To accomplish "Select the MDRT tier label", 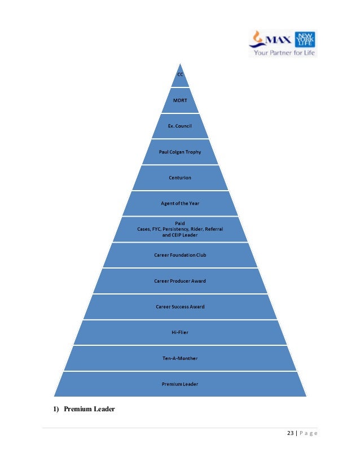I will point(180,100).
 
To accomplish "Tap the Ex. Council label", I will point(180,126).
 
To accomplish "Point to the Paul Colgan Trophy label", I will point(180,152).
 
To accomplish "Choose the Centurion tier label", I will point(180,178).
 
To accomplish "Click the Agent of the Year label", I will point(180,203).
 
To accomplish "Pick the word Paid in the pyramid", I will point(180,223).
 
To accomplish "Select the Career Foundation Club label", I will point(180,255).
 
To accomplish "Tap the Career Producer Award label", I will point(180,281).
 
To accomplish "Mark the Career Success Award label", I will point(180,307).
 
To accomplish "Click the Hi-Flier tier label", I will point(180,332).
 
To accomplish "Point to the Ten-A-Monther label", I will point(180,358).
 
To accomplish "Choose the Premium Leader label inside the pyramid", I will point(180,384).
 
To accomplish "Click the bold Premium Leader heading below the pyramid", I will point(89,409).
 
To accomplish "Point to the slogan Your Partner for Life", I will point(284,52).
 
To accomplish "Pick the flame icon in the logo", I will point(258,38).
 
